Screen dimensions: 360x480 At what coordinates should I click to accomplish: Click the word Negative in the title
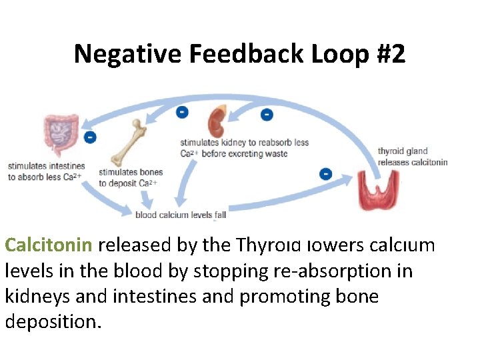127,53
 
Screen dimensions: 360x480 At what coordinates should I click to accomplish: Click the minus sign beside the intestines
90,137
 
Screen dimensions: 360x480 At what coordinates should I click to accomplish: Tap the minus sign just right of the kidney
267,115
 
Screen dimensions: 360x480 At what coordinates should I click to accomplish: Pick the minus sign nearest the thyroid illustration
325,174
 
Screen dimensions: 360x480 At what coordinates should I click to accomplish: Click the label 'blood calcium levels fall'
181,215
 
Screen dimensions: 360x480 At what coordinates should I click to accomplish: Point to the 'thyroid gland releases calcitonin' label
412,157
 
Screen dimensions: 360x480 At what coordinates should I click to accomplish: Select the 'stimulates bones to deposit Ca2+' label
131,177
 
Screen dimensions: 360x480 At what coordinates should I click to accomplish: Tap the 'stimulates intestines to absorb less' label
47,171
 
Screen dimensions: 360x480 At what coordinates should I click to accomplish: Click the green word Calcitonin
49,245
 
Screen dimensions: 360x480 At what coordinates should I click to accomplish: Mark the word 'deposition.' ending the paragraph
53,322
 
